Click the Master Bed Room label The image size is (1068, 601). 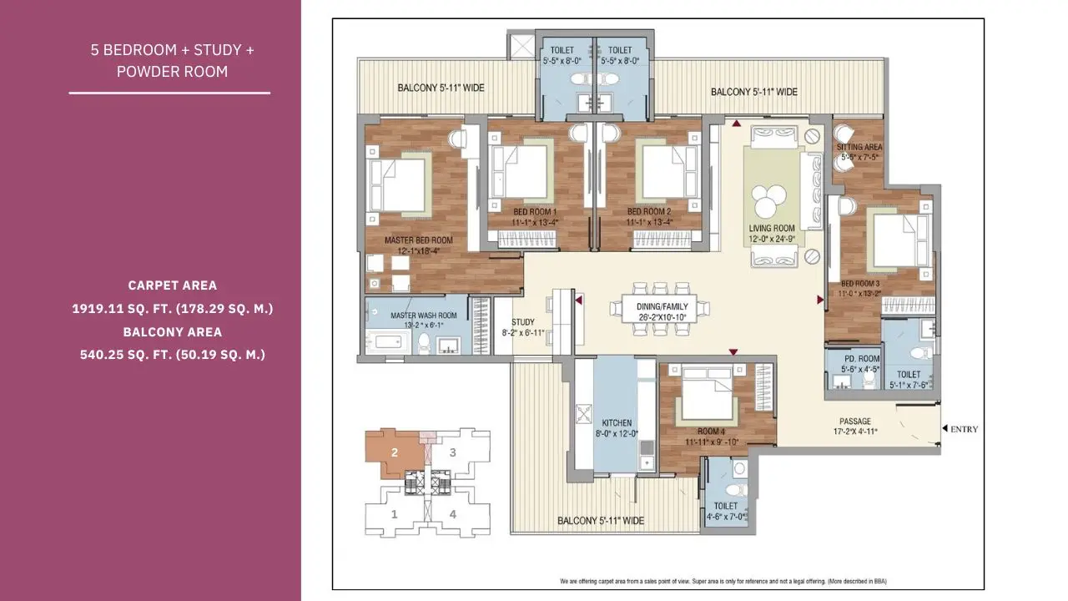click(418, 240)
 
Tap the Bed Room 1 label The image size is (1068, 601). click(535, 212)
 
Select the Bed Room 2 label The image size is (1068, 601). click(649, 212)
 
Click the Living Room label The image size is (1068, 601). click(771, 227)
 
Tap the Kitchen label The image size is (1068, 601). click(617, 423)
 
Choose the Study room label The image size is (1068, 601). click(523, 322)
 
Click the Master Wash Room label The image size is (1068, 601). click(424, 316)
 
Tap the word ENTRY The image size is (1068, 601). click(964, 429)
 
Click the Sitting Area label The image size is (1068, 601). click(859, 148)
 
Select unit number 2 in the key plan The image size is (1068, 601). click(395, 453)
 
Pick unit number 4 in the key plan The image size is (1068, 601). click(453, 514)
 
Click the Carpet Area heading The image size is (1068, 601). click(172, 285)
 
